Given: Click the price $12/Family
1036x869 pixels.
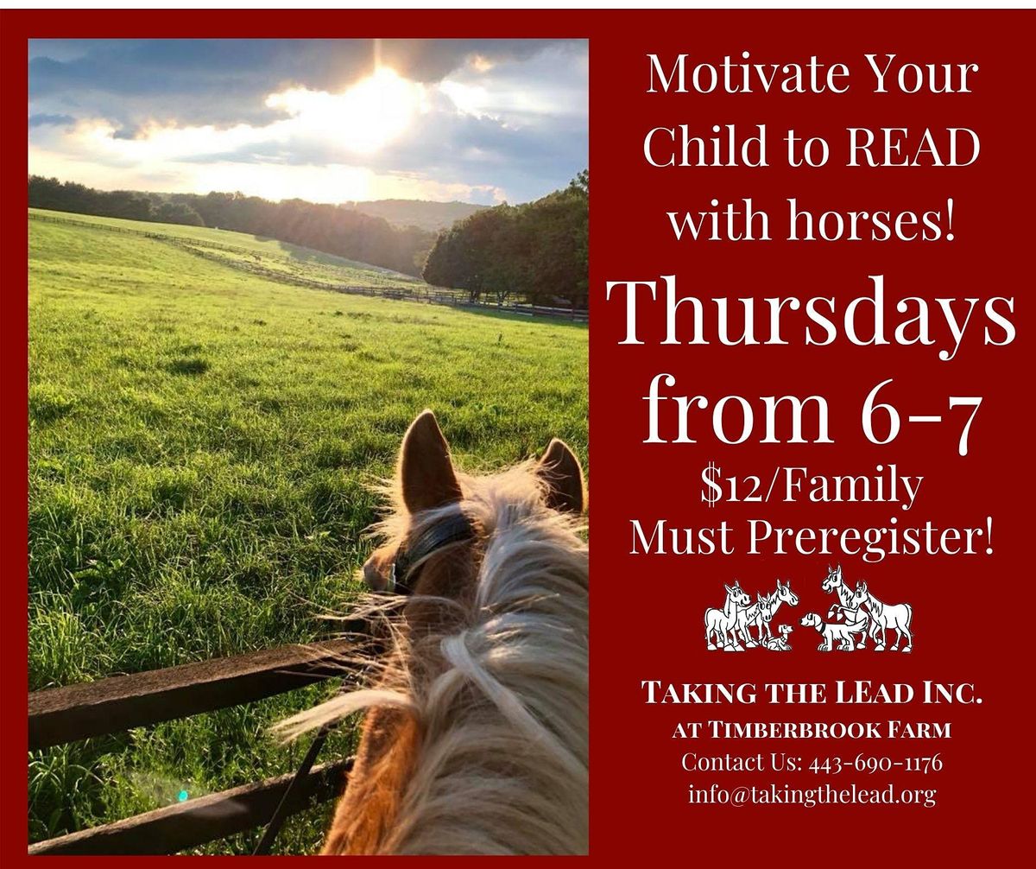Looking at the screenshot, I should (x=812, y=486).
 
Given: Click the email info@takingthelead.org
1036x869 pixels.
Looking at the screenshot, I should (x=812, y=794).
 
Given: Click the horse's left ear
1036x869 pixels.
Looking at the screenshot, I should (x=429, y=462).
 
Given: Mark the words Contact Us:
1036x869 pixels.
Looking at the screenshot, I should (x=742, y=763).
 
